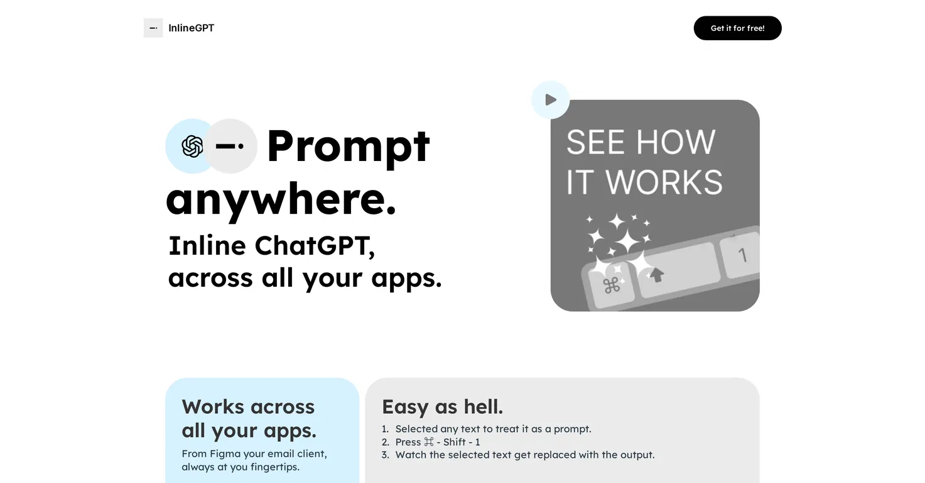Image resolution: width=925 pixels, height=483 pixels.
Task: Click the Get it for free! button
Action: [737, 28]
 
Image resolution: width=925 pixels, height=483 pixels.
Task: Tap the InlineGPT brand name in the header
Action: [191, 28]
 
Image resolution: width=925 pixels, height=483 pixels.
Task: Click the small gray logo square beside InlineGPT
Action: [153, 28]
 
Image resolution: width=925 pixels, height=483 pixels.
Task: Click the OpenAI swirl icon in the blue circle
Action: [192, 146]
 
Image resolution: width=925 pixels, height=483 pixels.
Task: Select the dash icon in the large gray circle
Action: [230, 145]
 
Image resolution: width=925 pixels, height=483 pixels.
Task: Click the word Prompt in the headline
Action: [349, 147]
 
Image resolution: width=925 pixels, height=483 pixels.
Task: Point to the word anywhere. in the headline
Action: [281, 201]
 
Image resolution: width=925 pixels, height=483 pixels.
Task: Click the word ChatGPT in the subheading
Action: [315, 246]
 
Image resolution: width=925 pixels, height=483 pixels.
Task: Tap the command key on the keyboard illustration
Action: [611, 286]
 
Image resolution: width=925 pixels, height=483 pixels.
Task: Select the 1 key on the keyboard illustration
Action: [742, 255]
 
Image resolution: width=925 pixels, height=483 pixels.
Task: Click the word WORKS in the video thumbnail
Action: [664, 182]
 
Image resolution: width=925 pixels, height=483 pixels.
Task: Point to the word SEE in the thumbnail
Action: [595, 142]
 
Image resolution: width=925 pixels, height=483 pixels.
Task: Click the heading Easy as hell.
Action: [442, 407]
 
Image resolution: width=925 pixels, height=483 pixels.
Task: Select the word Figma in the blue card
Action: [225, 454]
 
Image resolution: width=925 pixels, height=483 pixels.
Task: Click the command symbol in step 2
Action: [429, 442]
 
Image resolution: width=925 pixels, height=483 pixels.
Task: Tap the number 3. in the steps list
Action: [386, 455]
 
